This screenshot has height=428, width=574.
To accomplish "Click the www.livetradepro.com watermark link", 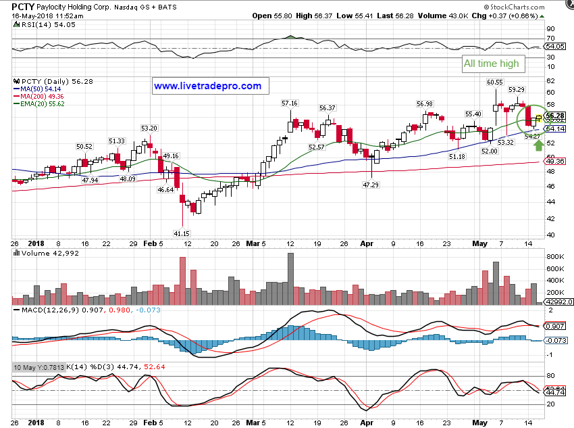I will pos(207,86).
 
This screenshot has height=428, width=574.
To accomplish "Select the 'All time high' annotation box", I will pos(491,64).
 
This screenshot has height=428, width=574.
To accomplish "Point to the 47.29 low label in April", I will pos(369,185).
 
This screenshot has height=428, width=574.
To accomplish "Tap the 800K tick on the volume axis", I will pos(556,258).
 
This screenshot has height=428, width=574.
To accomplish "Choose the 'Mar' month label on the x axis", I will pos(251,243).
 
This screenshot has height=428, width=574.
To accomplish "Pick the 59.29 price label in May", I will pos(517,89).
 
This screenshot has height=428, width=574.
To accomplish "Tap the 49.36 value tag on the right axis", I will pos(555,162).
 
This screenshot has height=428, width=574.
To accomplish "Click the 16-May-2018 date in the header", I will pos(32,16).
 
